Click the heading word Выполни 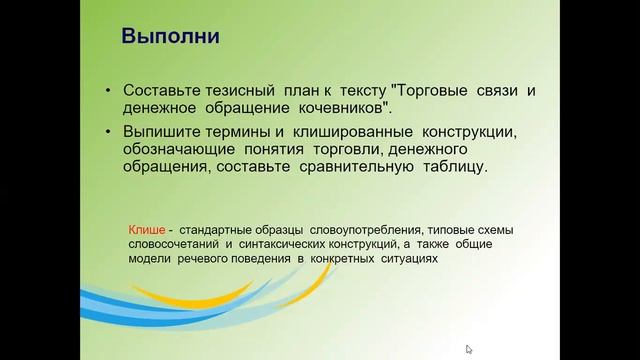tap(171, 38)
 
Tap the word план tap(309, 90)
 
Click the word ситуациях tap(406, 257)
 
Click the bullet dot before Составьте tap(108, 91)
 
